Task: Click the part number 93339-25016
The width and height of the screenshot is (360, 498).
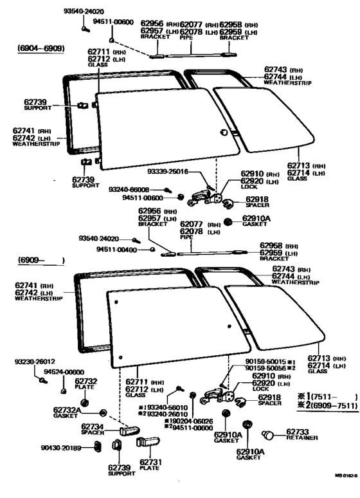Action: click(169, 172)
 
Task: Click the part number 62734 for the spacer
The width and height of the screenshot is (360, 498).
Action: click(94, 426)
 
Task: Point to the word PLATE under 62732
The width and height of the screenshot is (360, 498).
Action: click(86, 387)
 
